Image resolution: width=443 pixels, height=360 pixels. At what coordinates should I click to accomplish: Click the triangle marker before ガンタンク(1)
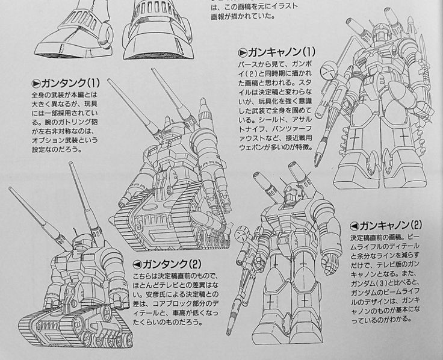[36, 84]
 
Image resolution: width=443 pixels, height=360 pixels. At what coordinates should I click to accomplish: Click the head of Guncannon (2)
[291, 195]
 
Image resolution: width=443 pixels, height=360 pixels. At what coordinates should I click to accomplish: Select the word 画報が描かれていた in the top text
[243, 16]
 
